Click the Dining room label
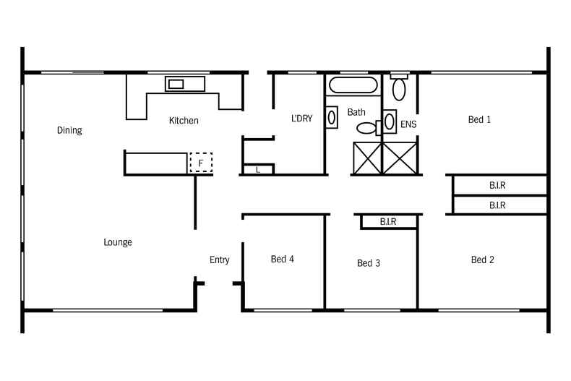pos(69,131)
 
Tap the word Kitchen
pos(184,121)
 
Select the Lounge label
pos(118,242)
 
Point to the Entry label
pos(220,260)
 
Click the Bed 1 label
pos(479,120)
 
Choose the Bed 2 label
pos(482,260)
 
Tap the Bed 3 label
pos(369,263)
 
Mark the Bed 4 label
pos(283,260)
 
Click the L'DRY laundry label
pos(301,119)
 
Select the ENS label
pos(408,124)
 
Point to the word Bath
pos(356,113)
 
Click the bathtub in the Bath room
pos(352,86)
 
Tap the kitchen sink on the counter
pos(176,84)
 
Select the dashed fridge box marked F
pos(201,163)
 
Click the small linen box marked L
pos(258,170)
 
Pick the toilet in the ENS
pos(399,88)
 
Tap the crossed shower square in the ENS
pos(400,158)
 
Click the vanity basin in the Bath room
pos(332,117)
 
